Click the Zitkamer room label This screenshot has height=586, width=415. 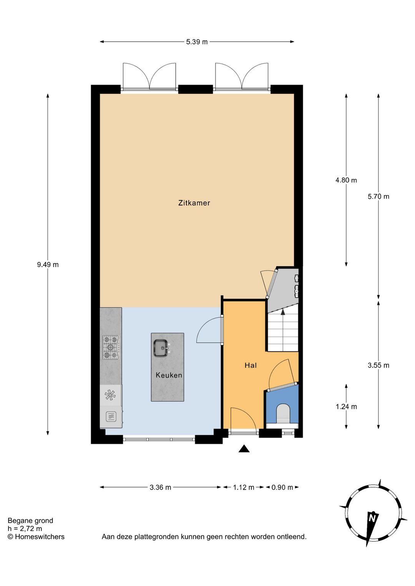[x=194, y=203]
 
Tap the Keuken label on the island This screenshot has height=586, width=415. [x=169, y=375]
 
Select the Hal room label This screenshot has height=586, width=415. [x=251, y=365]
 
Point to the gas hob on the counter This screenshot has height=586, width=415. [x=111, y=348]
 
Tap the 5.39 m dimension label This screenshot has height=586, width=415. [x=197, y=42]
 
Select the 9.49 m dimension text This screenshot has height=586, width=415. [x=48, y=265]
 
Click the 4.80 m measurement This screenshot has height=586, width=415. [x=346, y=180]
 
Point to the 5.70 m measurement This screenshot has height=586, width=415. [x=378, y=197]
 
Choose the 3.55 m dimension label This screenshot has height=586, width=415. [x=378, y=365]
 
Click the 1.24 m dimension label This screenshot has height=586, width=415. [x=346, y=407]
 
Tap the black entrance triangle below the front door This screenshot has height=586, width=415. [x=244, y=449]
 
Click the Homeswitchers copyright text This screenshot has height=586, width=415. [x=36, y=537]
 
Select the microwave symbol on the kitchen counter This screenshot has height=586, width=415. [x=111, y=416]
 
